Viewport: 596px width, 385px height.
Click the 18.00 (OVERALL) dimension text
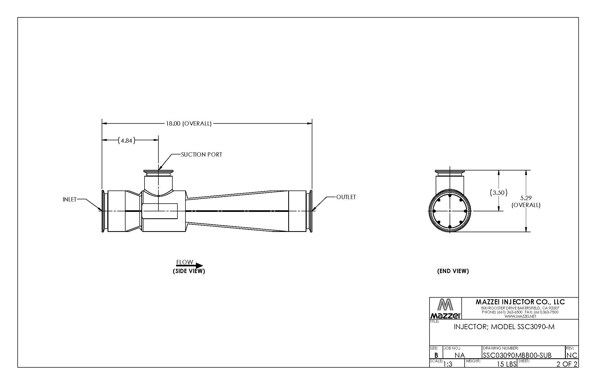click(189, 123)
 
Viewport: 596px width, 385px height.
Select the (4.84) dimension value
click(126, 140)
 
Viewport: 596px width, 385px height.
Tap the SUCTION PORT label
click(202, 154)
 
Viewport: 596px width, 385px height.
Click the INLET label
click(70, 199)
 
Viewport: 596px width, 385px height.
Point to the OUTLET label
click(346, 197)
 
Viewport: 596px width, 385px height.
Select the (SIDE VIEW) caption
click(189, 271)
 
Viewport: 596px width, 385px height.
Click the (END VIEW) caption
click(453, 271)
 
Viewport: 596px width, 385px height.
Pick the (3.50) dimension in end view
click(499, 192)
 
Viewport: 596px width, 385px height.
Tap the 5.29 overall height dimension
click(526, 201)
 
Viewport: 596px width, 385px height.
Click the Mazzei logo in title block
click(445, 309)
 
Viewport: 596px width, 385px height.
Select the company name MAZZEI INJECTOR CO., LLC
click(520, 302)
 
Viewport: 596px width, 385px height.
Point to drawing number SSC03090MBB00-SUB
click(517, 355)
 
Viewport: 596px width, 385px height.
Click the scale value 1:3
click(448, 364)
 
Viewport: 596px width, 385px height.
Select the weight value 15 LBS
click(506, 364)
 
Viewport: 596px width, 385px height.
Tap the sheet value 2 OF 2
click(567, 364)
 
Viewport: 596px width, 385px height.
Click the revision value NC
click(572, 355)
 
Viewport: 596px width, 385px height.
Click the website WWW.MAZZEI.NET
click(520, 316)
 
